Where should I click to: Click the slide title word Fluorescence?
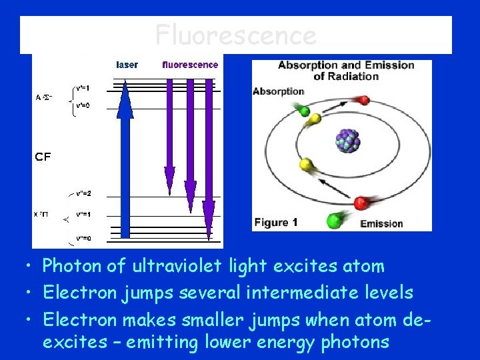[x=235, y=35]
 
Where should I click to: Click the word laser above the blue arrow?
[x=127, y=65]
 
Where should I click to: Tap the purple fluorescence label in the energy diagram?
[x=190, y=65]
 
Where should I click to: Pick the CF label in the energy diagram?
[x=43, y=157]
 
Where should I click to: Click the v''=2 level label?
[x=85, y=193]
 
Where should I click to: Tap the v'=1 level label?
[x=83, y=88]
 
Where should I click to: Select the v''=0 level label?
[x=84, y=238]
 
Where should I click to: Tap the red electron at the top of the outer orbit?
[x=363, y=101]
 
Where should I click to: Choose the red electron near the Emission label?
[x=362, y=203]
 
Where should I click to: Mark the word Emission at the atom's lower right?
[x=381, y=223]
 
